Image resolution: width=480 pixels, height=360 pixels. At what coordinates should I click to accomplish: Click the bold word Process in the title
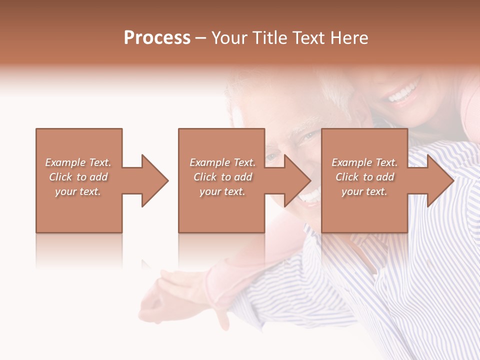157,38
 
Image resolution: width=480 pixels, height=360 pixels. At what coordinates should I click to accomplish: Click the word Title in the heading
266,38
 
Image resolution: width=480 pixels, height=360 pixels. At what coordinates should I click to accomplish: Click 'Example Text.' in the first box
78,162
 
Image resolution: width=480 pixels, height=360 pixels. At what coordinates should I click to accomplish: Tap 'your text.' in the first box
78,191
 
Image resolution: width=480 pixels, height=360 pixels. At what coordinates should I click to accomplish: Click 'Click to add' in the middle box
222,177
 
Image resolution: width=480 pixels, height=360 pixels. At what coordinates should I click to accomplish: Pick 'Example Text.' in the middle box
222,162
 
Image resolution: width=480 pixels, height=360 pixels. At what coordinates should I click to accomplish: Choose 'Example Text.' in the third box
364,162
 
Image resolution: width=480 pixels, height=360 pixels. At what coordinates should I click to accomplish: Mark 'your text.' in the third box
364,191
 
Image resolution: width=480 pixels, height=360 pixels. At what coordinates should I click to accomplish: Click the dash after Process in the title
201,39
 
